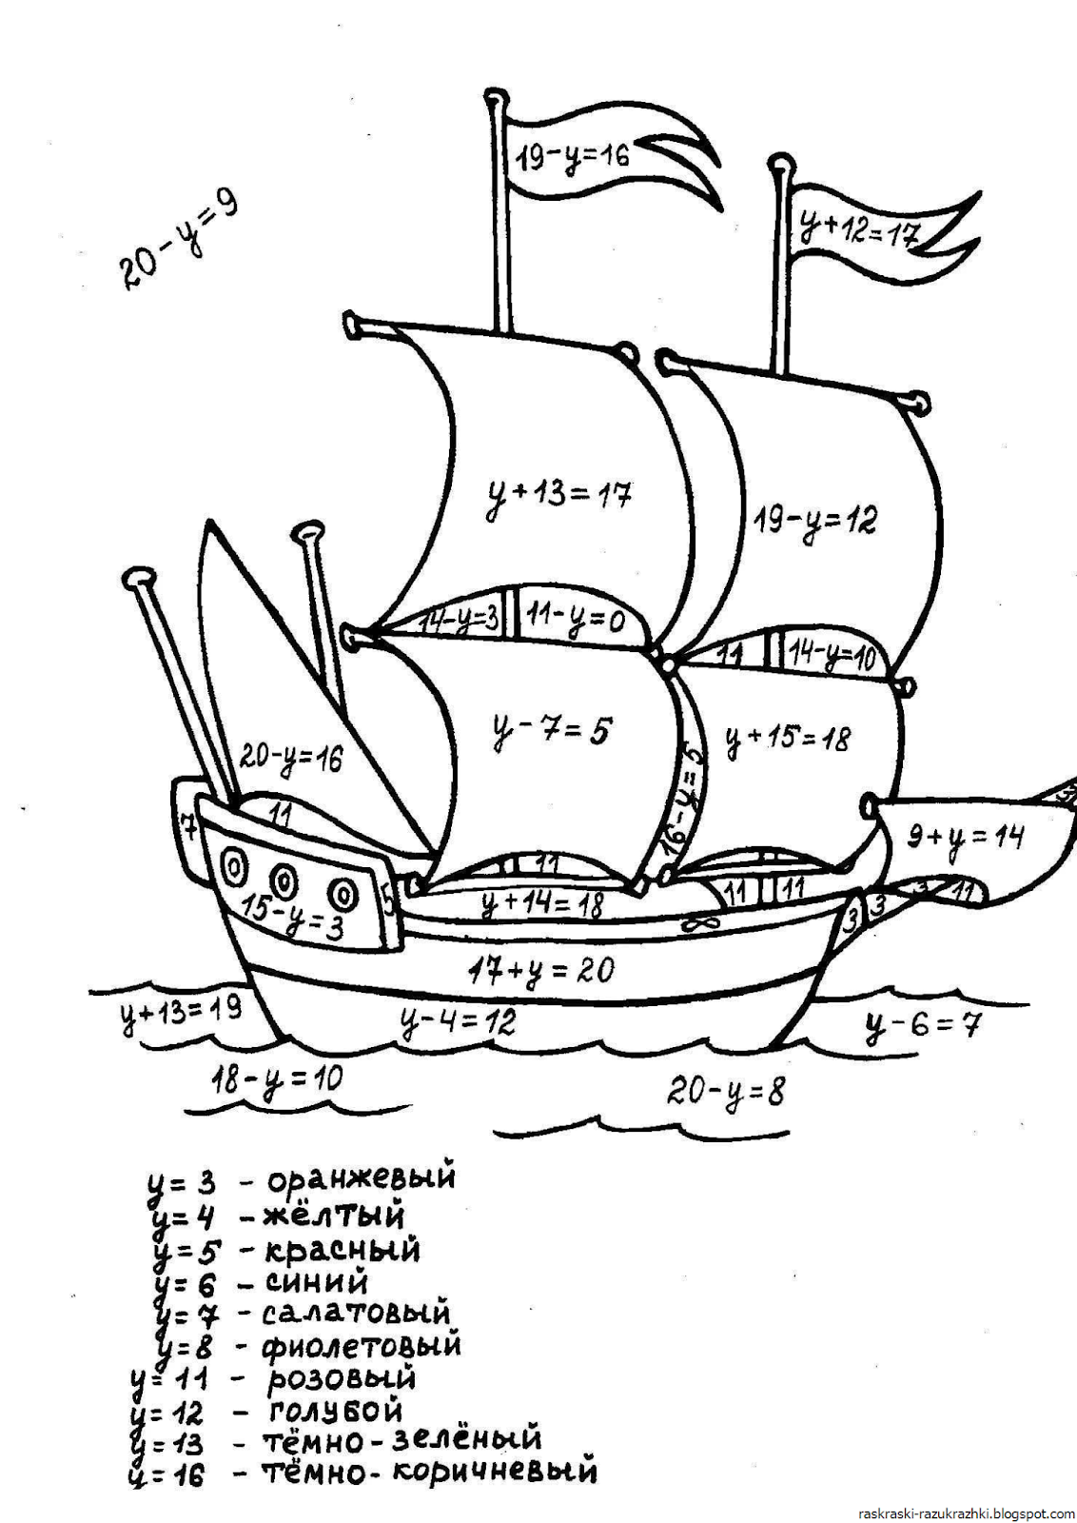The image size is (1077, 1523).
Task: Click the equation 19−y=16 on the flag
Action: (572, 154)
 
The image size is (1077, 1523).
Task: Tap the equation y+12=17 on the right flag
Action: (858, 227)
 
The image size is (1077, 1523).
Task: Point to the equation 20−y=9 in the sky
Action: (179, 240)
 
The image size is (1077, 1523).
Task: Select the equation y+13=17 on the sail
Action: (558, 495)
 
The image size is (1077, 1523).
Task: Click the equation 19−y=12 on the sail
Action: (815, 520)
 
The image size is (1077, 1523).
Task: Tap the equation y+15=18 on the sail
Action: (788, 737)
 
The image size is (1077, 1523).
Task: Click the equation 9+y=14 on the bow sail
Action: (963, 838)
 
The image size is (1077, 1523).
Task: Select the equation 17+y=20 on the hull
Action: (540, 971)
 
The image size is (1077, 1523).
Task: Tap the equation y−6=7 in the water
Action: (921, 1025)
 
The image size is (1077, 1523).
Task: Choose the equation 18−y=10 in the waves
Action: (276, 1080)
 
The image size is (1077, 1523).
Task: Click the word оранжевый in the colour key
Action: (361, 1178)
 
